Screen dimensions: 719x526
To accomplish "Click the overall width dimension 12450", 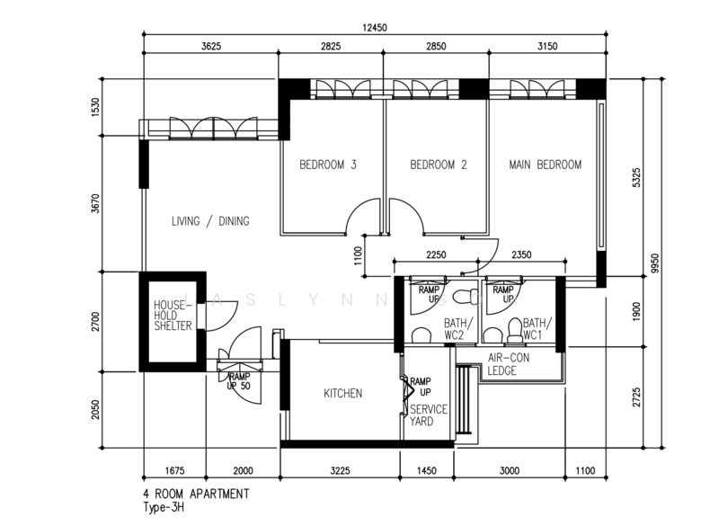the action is click(x=375, y=28).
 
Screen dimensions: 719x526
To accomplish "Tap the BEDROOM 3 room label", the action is click(x=328, y=165).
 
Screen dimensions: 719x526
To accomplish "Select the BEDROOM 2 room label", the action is click(x=439, y=165).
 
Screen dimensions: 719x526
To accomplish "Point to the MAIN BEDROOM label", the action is click(x=546, y=165).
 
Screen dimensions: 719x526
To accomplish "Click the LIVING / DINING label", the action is click(x=210, y=221).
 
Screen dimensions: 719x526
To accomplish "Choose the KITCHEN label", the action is click(x=343, y=394).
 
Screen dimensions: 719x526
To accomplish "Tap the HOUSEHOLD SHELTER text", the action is click(x=173, y=316).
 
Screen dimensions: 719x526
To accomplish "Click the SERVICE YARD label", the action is click(x=429, y=415).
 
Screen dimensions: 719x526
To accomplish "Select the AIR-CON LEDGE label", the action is click(x=509, y=364).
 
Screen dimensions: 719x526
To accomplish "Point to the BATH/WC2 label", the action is click(x=454, y=329).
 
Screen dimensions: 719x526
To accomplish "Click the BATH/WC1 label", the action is click(x=537, y=329).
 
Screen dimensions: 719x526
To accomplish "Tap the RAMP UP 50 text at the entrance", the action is click(x=239, y=381).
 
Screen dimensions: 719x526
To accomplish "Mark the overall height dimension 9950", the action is click(x=655, y=263).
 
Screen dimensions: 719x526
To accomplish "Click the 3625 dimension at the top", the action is click(x=211, y=46).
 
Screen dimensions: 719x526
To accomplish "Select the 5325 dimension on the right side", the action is click(x=636, y=177).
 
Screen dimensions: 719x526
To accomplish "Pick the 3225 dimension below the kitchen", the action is click(x=340, y=470).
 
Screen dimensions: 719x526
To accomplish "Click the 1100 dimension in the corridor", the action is click(x=358, y=256).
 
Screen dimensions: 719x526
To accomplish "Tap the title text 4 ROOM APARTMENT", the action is click(x=196, y=494).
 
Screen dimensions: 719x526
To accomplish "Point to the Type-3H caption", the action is click(x=164, y=508).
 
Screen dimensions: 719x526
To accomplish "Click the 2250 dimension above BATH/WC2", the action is click(x=436, y=254).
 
